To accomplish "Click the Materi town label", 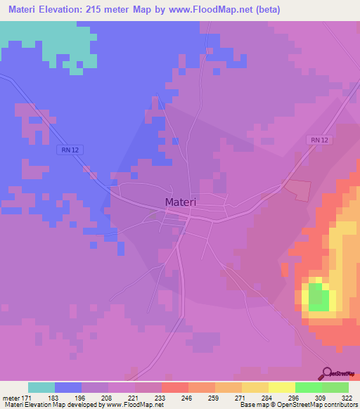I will (x=180, y=202).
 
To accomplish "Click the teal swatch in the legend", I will (x=41, y=387).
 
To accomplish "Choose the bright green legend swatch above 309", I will (x=309, y=387).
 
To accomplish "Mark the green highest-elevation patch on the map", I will (x=319, y=298).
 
